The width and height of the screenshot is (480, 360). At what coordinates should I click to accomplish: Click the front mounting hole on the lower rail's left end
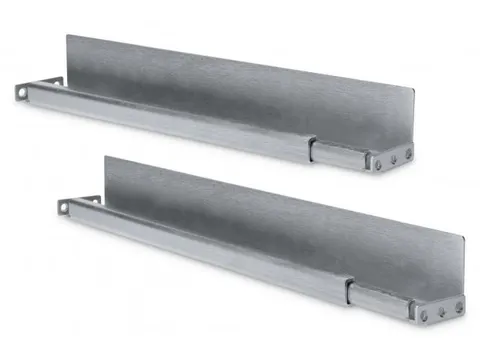[65, 207]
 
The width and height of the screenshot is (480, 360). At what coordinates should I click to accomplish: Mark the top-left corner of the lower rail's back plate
[105, 156]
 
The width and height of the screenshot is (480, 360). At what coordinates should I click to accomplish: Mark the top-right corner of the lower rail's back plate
[463, 240]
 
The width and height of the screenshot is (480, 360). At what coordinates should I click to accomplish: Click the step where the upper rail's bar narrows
[312, 147]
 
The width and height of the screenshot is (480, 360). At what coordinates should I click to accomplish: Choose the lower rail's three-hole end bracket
[440, 310]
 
